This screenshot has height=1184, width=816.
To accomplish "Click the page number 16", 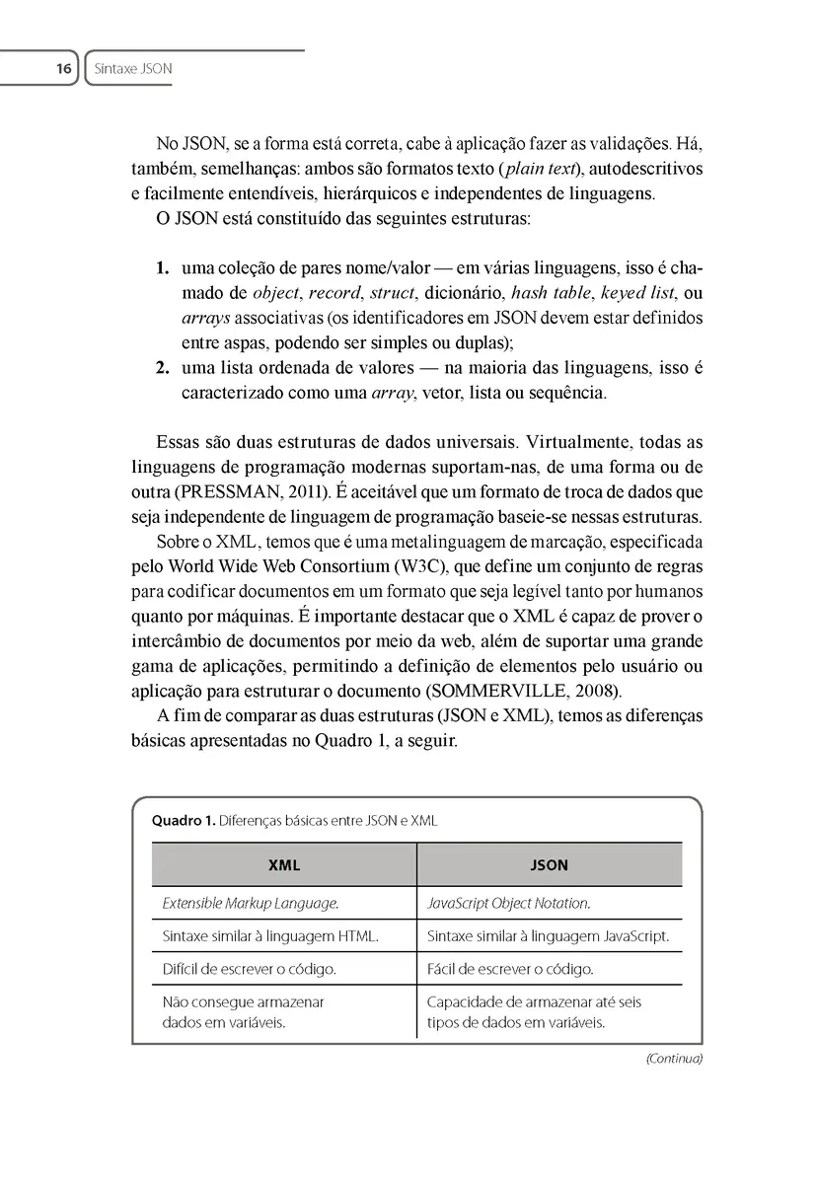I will pos(63,69).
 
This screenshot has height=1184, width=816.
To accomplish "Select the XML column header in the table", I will pos(284,865).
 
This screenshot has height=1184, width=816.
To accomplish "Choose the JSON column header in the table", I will pos(550,865).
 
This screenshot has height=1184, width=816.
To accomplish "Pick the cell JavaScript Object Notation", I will pos(509,903).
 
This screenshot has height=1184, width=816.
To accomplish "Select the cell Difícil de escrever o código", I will pos(249,969).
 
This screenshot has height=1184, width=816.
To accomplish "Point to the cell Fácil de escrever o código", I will pos(510,969).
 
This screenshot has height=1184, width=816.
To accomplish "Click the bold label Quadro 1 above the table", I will pos(182,820).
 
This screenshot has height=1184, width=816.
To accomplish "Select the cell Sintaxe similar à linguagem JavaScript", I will pos(548,935).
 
